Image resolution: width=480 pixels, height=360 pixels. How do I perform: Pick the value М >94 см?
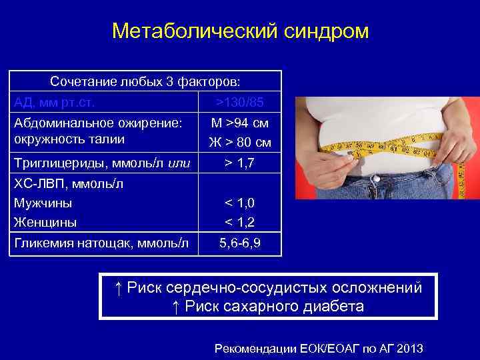pos(241,123)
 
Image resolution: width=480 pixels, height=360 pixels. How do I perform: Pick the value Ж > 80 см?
pos(241,142)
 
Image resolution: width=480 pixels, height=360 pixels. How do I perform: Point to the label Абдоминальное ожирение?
pos(97,123)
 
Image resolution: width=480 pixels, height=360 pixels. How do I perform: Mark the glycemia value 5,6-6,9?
pos(241,245)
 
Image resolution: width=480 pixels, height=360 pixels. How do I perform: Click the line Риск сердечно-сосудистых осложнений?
pos(268,287)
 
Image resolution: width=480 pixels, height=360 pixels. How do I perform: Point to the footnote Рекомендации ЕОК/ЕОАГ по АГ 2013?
pos(319,349)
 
